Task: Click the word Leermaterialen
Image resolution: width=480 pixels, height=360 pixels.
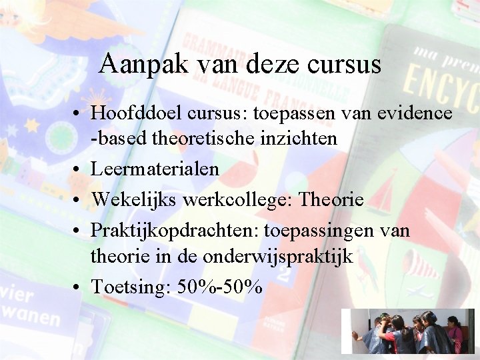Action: pos(155,169)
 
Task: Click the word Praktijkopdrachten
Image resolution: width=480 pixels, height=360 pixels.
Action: pos(174,231)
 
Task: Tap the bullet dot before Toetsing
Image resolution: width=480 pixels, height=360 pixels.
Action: pos(79,287)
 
